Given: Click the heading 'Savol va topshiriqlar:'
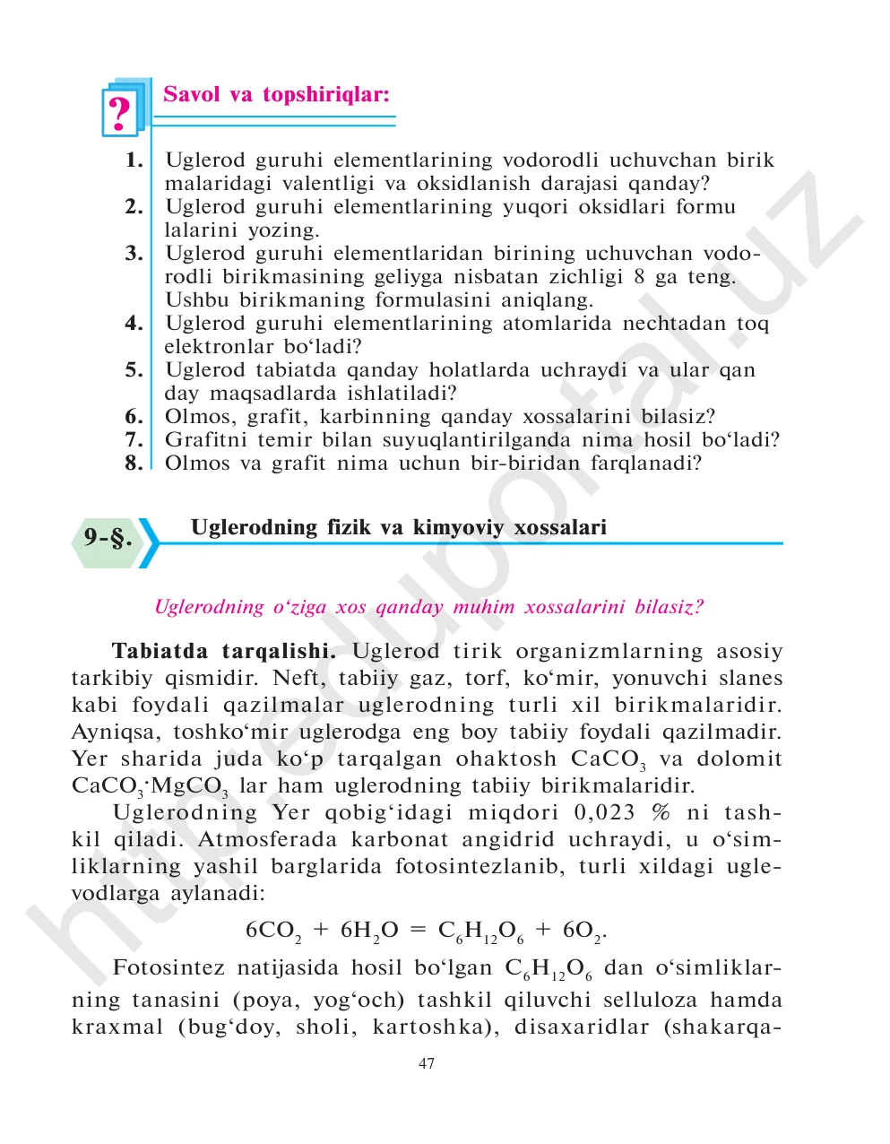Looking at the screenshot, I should click(276, 95).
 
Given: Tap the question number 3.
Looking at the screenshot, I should click(134, 254).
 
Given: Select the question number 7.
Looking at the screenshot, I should click(134, 440).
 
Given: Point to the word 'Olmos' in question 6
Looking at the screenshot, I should click(193, 417).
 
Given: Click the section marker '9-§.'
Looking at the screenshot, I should click(108, 538).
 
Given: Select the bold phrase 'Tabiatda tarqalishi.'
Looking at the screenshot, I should click(223, 652).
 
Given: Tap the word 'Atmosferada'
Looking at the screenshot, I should click(268, 840).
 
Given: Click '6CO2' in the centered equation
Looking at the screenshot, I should click(272, 931).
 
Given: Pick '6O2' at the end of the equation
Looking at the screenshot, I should click(583, 931).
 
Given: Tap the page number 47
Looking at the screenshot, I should click(427, 1064).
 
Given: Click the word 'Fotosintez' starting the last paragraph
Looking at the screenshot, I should click(168, 968).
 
